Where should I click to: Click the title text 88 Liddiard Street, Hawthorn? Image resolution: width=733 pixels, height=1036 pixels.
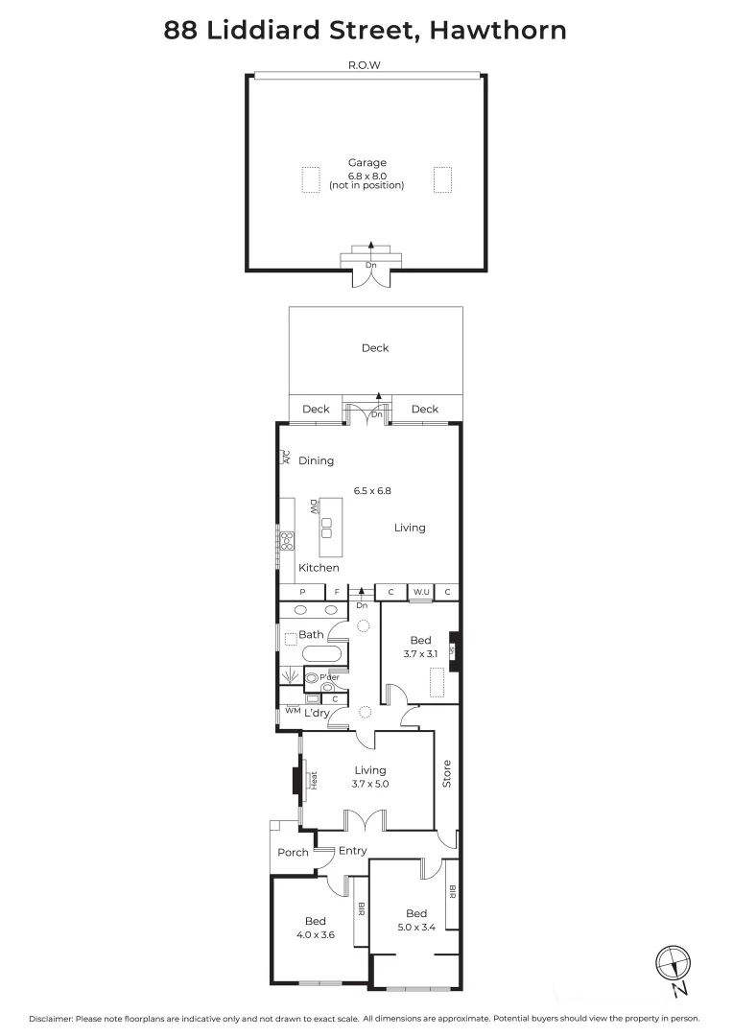(366, 31)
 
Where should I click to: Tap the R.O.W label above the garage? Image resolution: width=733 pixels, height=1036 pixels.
(366, 67)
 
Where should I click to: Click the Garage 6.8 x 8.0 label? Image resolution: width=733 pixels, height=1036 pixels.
(366, 174)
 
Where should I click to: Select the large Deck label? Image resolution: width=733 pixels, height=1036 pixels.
(375, 348)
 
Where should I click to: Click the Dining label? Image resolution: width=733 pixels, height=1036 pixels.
(316, 460)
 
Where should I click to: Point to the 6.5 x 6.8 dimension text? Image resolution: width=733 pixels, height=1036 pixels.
(372, 490)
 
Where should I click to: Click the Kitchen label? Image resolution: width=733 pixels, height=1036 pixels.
(318, 568)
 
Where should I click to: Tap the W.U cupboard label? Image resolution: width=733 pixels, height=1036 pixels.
(421, 592)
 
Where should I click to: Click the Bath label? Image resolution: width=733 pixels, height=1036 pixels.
(311, 634)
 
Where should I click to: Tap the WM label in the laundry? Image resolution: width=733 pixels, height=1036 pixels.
(293, 711)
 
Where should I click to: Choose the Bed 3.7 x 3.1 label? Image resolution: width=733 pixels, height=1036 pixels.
(421, 647)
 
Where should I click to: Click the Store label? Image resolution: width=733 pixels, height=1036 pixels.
(447, 774)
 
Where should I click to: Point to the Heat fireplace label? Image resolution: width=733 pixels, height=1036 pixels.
(314, 781)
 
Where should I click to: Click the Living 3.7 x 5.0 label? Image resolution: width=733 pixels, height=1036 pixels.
(370, 776)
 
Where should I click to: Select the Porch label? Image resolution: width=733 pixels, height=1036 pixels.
(293, 852)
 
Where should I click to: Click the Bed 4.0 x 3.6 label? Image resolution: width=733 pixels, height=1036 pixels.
(316, 928)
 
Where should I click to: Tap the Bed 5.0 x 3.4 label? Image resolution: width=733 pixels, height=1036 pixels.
(415, 920)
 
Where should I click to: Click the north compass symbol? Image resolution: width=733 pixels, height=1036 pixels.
(673, 964)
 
